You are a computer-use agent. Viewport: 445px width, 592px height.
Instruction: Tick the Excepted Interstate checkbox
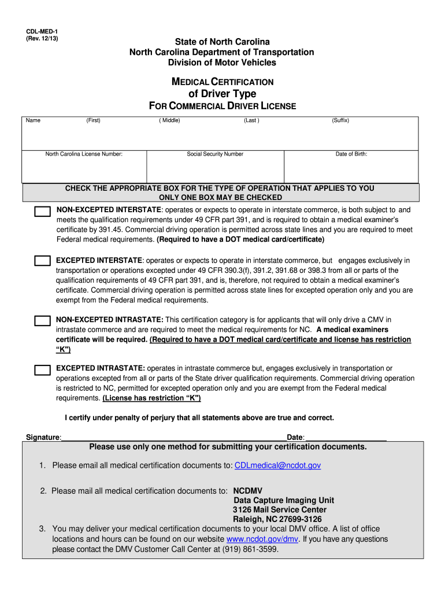point(42,261)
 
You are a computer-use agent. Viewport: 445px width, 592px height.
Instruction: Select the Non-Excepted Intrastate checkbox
point(42,320)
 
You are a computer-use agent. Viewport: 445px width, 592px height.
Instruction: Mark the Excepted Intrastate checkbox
point(42,369)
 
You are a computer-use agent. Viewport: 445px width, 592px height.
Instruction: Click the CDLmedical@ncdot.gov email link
point(277,465)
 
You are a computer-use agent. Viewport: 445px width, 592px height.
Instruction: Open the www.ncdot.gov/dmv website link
point(262,539)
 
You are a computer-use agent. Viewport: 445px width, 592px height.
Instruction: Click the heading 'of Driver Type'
point(222,94)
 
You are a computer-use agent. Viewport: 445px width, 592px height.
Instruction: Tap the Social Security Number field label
point(215,154)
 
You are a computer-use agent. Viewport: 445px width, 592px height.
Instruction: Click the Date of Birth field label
point(351,154)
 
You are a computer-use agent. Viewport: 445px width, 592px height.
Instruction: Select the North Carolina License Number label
point(84,154)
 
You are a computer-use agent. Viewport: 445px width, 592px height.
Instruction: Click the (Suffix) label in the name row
point(340,120)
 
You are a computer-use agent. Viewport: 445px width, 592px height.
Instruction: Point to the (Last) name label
point(251,120)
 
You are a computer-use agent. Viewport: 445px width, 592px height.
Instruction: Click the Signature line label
point(43,437)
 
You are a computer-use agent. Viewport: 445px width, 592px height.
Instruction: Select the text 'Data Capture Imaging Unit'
point(284,500)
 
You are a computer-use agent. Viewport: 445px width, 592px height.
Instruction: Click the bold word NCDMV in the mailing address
point(247,491)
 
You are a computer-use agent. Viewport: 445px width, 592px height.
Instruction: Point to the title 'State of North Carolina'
point(222,42)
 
